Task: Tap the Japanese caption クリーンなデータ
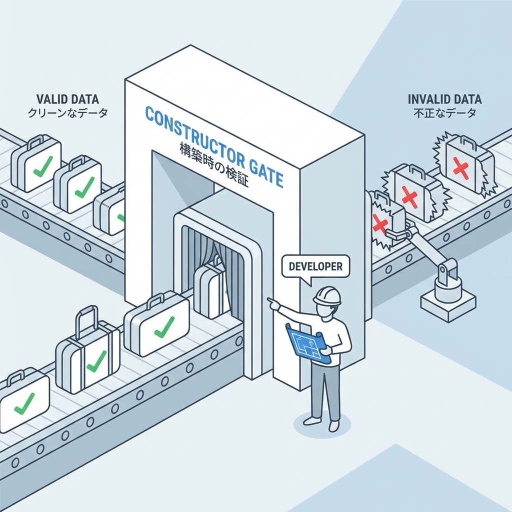pyautogui.click(x=67, y=113)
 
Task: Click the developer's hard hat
pyautogui.click(x=327, y=295)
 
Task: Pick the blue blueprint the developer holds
pyautogui.click(x=305, y=343)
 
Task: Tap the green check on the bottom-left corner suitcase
pyautogui.click(x=23, y=403)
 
